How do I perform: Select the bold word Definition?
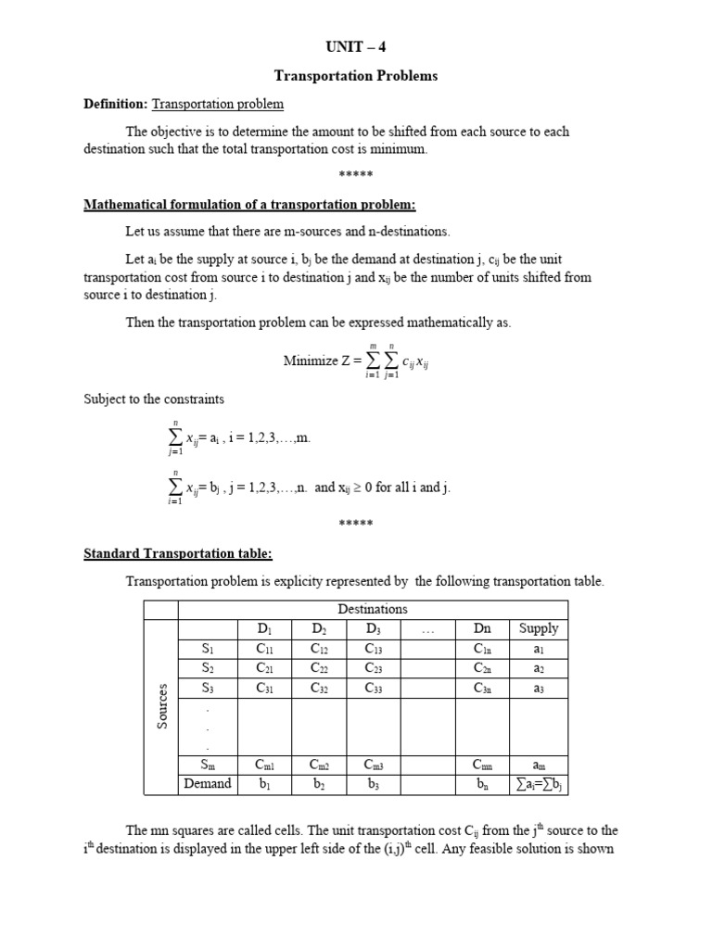point(116,104)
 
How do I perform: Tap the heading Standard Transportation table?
point(178,553)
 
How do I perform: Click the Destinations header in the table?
point(373,609)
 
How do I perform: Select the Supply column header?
point(539,628)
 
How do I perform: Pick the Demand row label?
point(208,784)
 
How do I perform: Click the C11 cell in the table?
point(265,649)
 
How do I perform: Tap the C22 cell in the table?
point(319,668)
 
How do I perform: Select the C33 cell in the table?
point(373,688)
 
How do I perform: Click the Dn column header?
point(483,628)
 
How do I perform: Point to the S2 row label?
point(208,668)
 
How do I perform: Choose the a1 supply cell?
point(539,649)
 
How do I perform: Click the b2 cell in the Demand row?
point(319,784)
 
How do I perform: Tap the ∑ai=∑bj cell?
point(539,784)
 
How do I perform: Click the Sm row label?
point(208,765)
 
